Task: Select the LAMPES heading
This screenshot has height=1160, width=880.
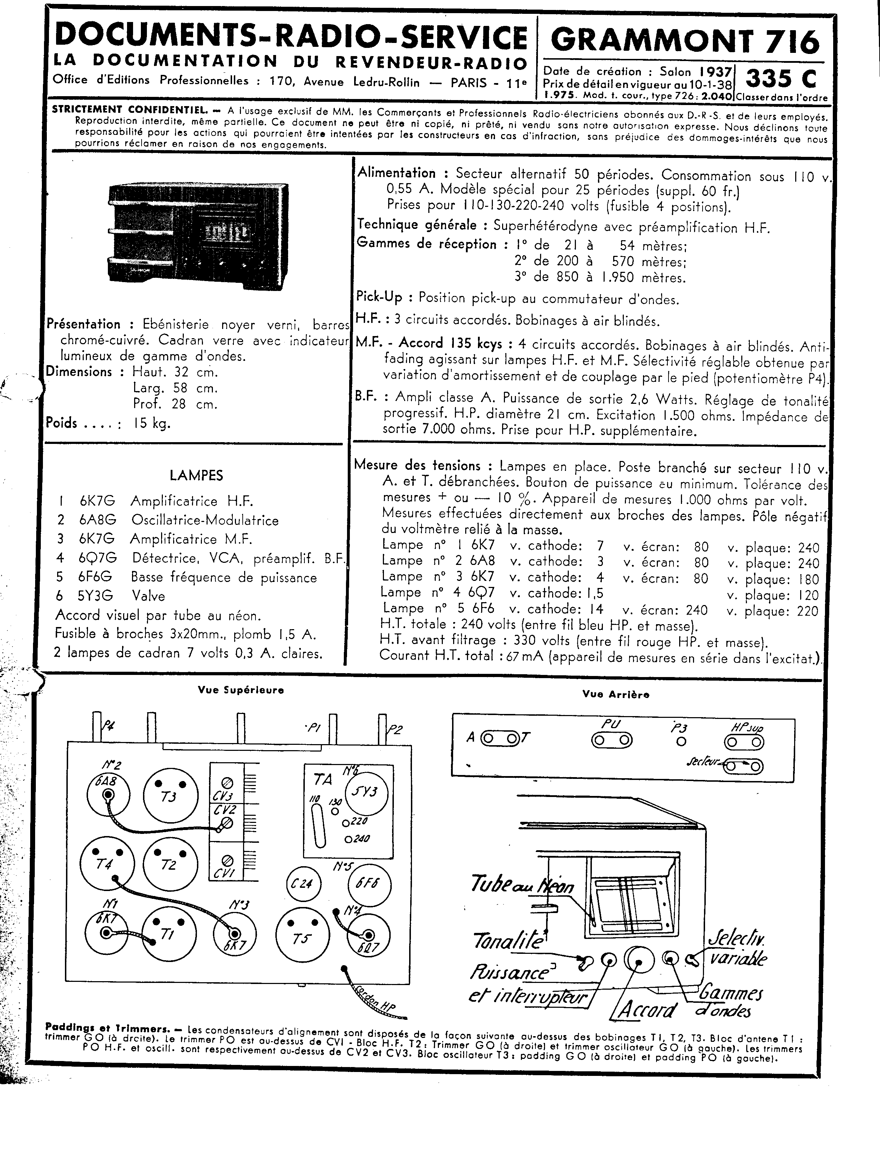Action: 196,475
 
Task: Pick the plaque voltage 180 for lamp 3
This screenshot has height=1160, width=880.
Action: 808,579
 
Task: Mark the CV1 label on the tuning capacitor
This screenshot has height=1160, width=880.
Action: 225,873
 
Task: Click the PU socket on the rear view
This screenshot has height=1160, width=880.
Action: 611,740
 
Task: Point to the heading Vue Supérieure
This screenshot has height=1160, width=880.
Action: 241,690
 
